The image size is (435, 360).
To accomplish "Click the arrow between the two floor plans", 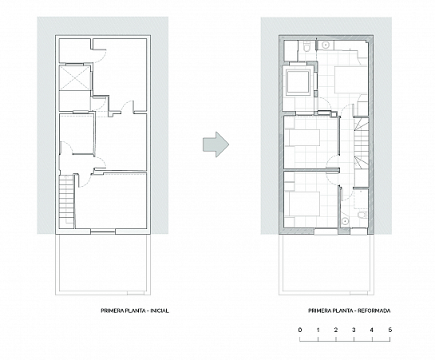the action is pos(216,144).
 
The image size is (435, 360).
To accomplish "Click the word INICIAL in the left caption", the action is pos(160,311).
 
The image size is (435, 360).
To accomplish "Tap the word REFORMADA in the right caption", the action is pos(374,311).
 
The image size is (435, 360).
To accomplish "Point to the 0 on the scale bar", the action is pos(300,330).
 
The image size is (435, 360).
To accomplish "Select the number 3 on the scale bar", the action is pos(354,330).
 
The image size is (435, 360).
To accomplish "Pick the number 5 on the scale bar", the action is pos(390,330).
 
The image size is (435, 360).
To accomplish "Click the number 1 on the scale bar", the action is pos(318,330).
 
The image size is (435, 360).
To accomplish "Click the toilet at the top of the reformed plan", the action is pos(306,46).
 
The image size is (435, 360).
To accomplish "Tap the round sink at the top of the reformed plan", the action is pos(325,45).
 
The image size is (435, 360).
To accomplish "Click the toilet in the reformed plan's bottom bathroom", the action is pos(362,215).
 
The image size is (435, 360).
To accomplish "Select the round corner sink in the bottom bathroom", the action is pos(345,221).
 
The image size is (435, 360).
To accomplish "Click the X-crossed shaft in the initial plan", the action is pos(75,78).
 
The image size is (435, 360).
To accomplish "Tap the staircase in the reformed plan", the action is pos(362,144).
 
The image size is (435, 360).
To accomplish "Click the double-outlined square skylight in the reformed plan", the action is pos(299,82).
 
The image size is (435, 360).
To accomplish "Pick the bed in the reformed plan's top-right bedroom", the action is pos(351,80).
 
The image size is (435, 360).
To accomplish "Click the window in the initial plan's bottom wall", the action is pos(103,231).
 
